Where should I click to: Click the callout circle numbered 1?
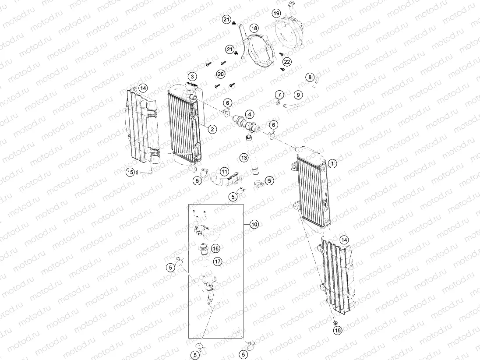pos(332,163)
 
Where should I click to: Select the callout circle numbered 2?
pos(212,129)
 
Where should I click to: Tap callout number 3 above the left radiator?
pos(192,77)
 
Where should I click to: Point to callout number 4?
pos(249,114)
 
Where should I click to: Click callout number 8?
pos(310,78)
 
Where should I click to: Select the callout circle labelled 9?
pos(298,95)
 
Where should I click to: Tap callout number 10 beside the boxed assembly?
pos(254,224)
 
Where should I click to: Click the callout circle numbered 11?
pos(224,171)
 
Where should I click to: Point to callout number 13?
pos(244,157)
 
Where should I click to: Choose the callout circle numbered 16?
pos(215,248)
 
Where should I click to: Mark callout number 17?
pos(218,261)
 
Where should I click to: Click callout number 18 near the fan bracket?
pos(254,28)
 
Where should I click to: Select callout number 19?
pos(276,13)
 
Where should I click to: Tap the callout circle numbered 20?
pos(221,74)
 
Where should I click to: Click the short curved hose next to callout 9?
pos(290,106)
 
